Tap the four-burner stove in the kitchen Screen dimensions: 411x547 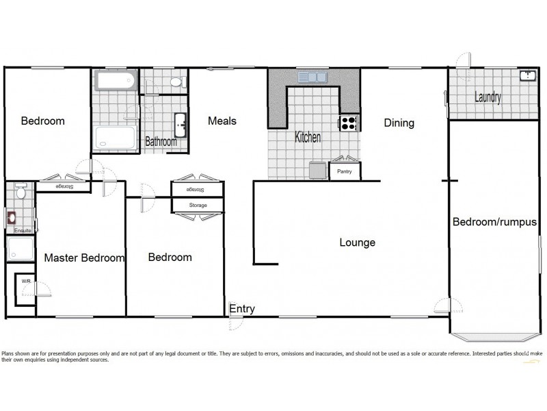349,123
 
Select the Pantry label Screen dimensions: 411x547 345,172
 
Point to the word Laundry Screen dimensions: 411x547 488,97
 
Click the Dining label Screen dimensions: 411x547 399,123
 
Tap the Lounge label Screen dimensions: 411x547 357,242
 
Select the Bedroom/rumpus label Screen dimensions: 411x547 494,222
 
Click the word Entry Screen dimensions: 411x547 242,309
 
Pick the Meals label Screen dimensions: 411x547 222,121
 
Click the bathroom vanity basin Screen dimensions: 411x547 181,125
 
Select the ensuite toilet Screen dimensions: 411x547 20,192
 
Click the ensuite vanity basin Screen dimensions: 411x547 12,219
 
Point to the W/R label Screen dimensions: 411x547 25,281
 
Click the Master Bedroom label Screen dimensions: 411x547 85,258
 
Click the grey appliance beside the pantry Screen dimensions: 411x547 317,170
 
